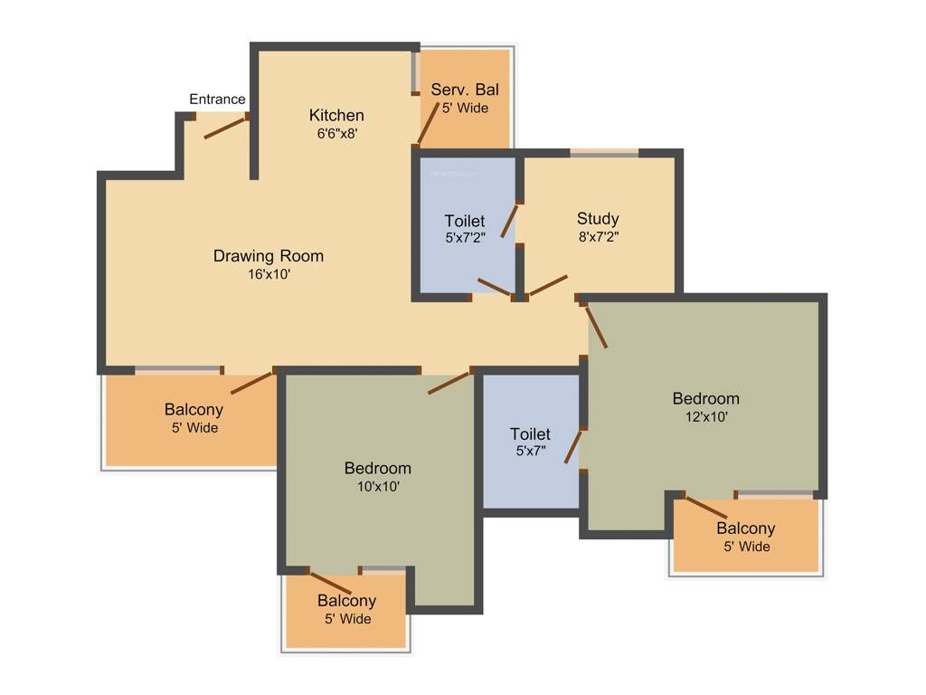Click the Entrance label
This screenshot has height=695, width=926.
pos(217,99)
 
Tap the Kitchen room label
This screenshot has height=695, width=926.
pos(336,115)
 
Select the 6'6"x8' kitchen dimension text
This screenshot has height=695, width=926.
pos(337,133)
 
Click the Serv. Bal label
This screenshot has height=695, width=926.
pos(464,90)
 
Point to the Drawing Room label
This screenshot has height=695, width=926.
pos(268,256)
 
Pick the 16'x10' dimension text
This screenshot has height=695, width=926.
pos(268,274)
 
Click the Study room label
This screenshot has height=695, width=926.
pos(598,218)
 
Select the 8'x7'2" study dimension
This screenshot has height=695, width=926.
pos(598,236)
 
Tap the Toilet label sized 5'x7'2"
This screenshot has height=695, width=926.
pos(465,221)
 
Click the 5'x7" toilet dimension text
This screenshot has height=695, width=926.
pos(529,452)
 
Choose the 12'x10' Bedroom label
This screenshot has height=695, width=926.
pos(705,398)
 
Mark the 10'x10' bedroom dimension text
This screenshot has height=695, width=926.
pos(377,486)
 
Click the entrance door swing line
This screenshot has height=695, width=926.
pos(225,127)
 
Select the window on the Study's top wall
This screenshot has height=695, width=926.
pos(604,154)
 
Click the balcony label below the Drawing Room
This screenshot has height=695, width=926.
pos(194,410)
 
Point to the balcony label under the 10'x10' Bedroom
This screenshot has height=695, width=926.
pos(346,601)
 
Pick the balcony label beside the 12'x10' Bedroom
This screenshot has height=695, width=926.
pos(745,528)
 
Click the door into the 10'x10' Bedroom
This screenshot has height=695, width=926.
pos(449,381)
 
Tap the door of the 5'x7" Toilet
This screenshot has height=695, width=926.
pos(572,447)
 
